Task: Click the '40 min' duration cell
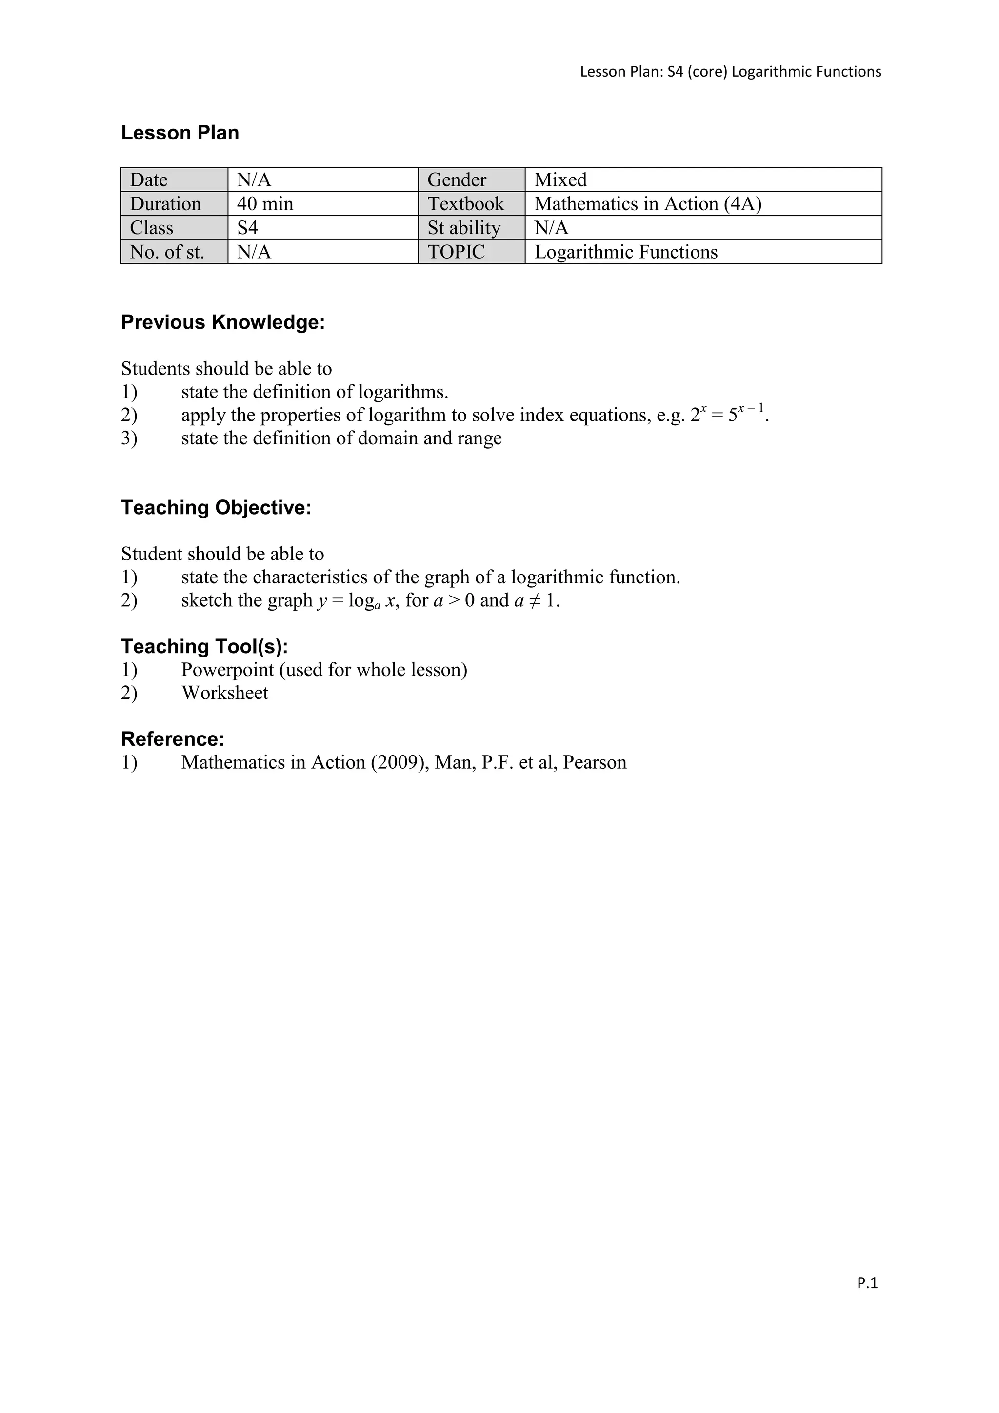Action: [x=265, y=204]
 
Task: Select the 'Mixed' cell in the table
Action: [x=560, y=179]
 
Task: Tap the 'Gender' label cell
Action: [x=457, y=179]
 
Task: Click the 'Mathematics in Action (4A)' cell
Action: [x=647, y=204]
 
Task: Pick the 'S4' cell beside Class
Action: [x=247, y=228]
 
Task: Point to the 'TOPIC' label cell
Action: [x=456, y=252]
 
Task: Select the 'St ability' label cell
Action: [x=464, y=228]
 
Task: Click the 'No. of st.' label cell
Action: [x=167, y=252]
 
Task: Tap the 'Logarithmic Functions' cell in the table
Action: [x=625, y=252]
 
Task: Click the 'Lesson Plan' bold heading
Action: [x=180, y=133]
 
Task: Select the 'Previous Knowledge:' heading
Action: [x=223, y=322]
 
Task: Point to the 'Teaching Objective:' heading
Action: [x=216, y=508]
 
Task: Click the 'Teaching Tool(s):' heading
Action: [x=204, y=646]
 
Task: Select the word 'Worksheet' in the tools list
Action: [x=225, y=693]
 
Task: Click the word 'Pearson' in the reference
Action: [x=595, y=762]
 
